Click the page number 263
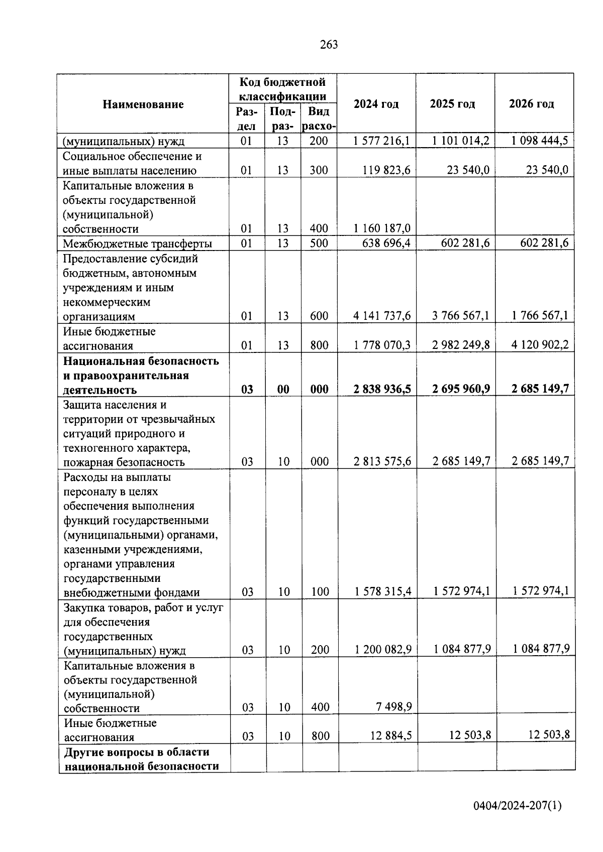coord(329,45)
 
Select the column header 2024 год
coord(376,104)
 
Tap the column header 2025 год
coord(452,104)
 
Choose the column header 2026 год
coord(531,104)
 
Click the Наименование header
coord(143,104)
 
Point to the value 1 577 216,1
coord(381,141)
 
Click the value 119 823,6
coord(386,170)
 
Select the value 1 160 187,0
coord(381,228)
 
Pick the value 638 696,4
coord(385,244)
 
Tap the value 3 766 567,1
coord(461,316)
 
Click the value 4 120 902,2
coord(540,345)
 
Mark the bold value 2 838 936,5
coord(381,389)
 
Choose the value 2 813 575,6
coord(382,461)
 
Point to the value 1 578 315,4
coord(382,592)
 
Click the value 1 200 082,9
coord(382,650)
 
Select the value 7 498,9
coord(394,707)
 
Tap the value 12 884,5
coord(391,736)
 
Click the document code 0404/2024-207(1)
coord(517,806)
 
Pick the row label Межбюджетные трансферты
coord(137,244)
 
